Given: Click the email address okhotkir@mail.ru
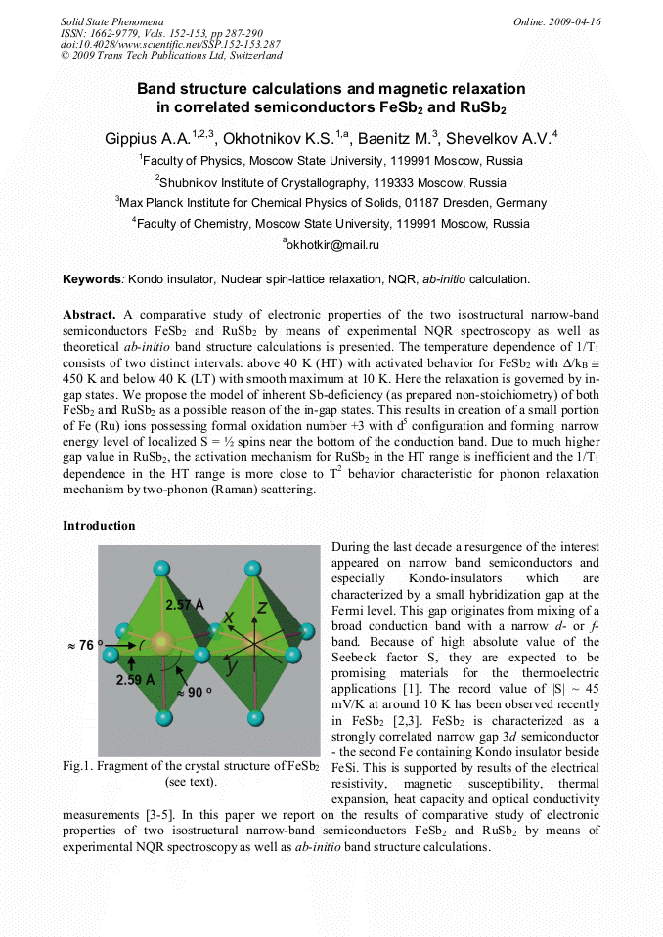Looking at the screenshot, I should [331, 245].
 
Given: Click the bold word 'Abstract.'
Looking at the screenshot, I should [89, 315].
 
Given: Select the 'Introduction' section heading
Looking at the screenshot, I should [99, 526].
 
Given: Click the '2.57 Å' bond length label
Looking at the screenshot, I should [184, 605].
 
